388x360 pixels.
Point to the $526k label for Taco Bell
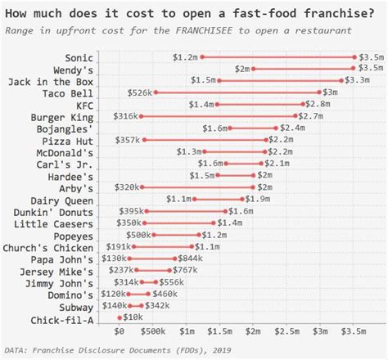[140, 93]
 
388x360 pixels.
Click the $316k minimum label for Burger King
[125, 117]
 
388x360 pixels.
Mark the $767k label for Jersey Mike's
[186, 271]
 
